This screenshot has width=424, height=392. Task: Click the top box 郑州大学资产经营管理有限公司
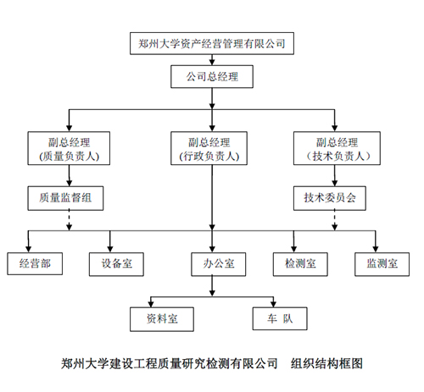tap(212, 43)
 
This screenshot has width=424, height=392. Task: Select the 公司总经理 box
tap(212, 77)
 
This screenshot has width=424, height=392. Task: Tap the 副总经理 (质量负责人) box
tap(69, 148)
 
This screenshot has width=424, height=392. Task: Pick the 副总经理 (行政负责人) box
tap(209, 148)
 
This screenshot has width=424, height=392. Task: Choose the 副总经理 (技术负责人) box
tap(337, 148)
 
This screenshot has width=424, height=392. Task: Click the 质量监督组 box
tap(65, 198)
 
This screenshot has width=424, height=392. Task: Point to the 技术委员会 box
tap(330, 198)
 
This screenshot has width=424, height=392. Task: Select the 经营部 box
tap(35, 263)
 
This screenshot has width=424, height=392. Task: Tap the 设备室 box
tap(116, 264)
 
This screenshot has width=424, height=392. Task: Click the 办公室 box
tap(219, 264)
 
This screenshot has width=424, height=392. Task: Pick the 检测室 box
tap(300, 264)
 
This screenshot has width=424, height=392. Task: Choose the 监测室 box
tap(382, 264)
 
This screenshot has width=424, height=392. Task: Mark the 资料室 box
tap(162, 319)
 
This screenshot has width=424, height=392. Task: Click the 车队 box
tap(280, 318)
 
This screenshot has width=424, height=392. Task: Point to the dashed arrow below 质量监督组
tap(69, 220)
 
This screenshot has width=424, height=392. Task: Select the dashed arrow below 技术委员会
tap(335, 220)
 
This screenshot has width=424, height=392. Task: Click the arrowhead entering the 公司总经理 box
tap(212, 63)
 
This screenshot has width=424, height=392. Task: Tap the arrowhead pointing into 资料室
tap(151, 304)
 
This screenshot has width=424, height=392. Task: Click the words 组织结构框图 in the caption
tap(326, 363)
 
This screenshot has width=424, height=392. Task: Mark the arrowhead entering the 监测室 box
tap(376, 249)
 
